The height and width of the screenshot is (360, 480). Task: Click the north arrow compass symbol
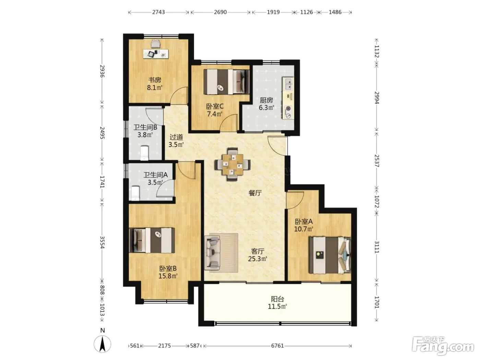coord(102,344)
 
